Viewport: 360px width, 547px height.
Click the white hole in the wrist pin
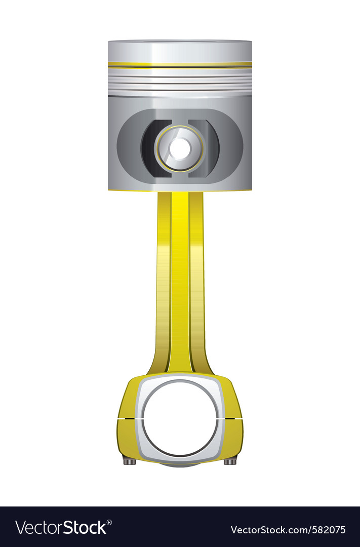point(180,148)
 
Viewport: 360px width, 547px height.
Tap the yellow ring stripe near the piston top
point(180,65)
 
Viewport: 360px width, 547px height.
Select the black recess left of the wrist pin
point(150,148)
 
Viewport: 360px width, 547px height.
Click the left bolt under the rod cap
point(130,460)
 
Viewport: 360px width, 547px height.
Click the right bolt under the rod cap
point(230,460)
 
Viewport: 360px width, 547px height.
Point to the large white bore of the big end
point(180,418)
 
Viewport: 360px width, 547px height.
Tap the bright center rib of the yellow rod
point(180,279)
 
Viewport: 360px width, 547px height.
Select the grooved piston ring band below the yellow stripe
point(180,81)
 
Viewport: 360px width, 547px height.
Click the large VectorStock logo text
point(61,528)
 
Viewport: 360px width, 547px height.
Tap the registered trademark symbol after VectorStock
point(109,521)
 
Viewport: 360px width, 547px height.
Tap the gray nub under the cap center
point(180,464)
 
